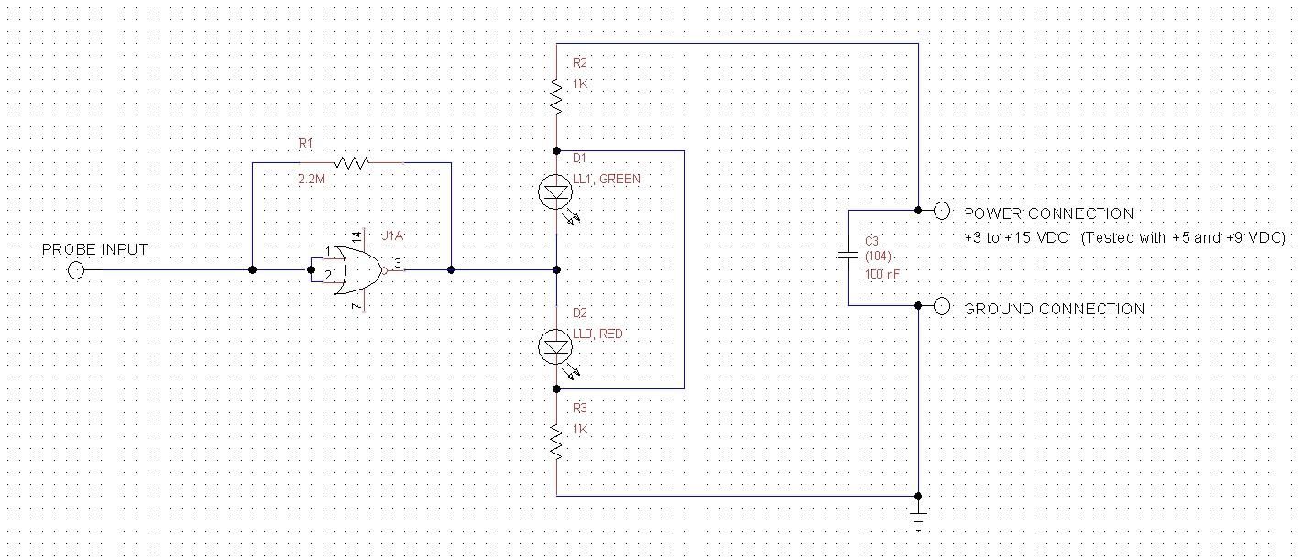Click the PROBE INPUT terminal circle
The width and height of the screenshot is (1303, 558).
click(x=76, y=270)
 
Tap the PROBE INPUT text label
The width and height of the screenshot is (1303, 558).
click(x=94, y=249)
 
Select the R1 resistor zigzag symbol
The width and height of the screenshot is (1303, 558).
click(x=352, y=163)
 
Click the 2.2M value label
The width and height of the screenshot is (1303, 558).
click(x=312, y=181)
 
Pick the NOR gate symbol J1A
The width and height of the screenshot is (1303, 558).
click(x=353, y=270)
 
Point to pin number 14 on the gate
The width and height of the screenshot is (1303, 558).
click(x=356, y=236)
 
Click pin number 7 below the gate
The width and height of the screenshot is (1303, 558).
click(x=356, y=304)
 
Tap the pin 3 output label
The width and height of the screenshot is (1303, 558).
click(x=397, y=263)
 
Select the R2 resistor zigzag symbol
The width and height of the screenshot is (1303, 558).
click(x=556, y=95)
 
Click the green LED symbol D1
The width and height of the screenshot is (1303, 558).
click(x=556, y=191)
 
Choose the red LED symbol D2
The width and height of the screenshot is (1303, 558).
click(x=556, y=345)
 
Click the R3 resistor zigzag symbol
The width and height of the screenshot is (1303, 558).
click(x=556, y=443)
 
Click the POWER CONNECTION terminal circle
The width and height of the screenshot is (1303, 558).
click(x=942, y=211)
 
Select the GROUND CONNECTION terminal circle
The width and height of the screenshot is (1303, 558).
click(x=942, y=307)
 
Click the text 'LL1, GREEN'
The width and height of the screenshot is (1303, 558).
click(x=607, y=179)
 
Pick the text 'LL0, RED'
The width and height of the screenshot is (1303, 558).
click(x=597, y=334)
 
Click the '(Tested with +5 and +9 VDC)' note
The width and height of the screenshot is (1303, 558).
click(x=1183, y=237)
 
